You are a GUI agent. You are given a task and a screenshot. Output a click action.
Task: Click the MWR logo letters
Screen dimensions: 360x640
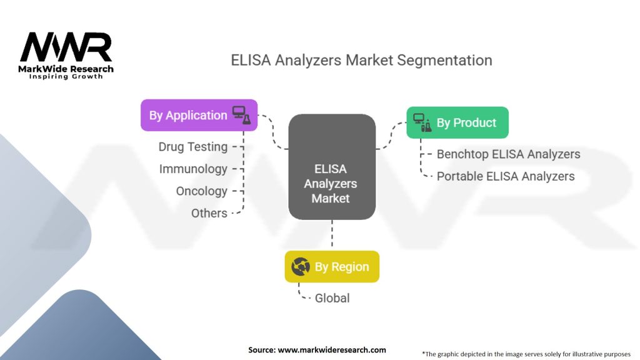pyautogui.click(x=66, y=47)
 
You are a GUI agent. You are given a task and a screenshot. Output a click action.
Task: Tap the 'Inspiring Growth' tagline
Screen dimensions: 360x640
pyautogui.click(x=66, y=76)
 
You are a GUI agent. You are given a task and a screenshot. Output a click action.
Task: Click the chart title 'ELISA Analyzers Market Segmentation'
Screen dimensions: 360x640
pyautogui.click(x=361, y=60)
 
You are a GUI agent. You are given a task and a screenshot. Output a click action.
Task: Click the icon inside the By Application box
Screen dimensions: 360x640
pyautogui.click(x=241, y=114)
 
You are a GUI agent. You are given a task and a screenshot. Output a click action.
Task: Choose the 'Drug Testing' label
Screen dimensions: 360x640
pyautogui.click(x=192, y=147)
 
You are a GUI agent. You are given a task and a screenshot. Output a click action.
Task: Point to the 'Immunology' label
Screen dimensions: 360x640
pyautogui.click(x=193, y=169)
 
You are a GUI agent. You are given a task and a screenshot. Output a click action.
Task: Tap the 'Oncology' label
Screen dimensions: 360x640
pyautogui.click(x=201, y=191)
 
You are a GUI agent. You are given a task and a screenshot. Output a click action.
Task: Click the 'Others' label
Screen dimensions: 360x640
pyautogui.click(x=209, y=213)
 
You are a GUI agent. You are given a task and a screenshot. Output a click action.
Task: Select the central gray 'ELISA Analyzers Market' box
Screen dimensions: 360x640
pyautogui.click(x=331, y=182)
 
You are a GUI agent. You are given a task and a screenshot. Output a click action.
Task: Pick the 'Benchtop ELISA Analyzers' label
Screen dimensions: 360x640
pyautogui.click(x=508, y=154)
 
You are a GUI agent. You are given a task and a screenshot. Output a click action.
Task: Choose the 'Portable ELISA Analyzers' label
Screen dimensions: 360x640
pyautogui.click(x=505, y=176)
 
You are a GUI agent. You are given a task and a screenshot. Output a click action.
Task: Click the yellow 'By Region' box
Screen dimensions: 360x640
pyautogui.click(x=331, y=266)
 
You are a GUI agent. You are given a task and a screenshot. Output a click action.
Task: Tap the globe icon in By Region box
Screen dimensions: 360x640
pyautogui.click(x=301, y=267)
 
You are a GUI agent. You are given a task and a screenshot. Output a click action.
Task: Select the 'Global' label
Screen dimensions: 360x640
pyautogui.click(x=332, y=298)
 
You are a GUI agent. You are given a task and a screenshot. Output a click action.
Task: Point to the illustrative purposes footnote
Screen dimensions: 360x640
pyautogui.click(x=526, y=354)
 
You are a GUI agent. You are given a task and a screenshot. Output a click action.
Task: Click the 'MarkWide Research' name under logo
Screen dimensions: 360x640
pyautogui.click(x=66, y=69)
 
